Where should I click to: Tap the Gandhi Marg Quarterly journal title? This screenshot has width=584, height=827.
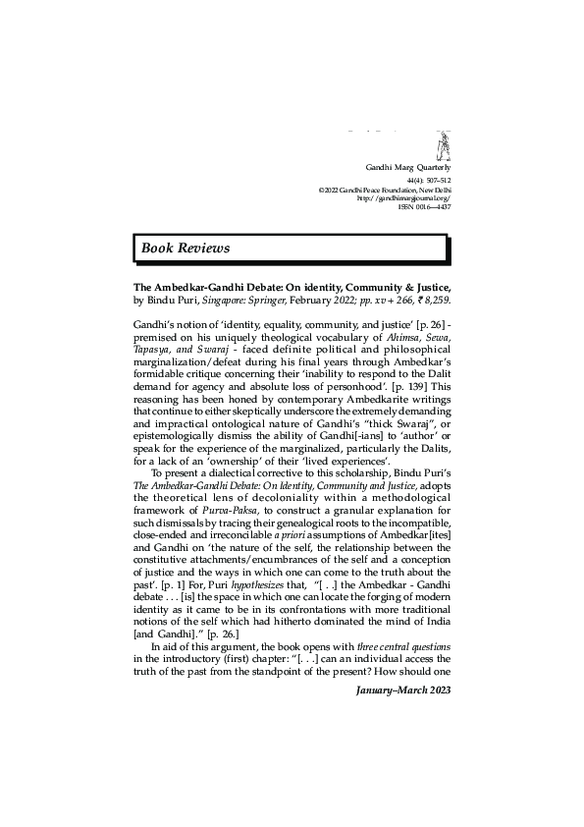pos(406,169)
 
